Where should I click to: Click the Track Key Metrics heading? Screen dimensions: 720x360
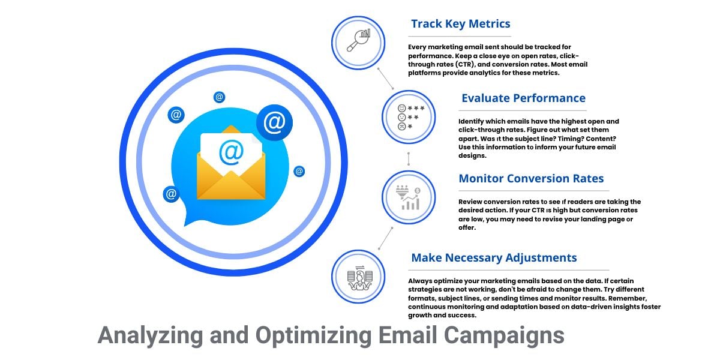tap(460, 24)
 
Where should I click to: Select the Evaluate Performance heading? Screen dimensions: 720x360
tap(523, 98)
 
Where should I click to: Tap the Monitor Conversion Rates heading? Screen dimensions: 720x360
tap(531, 178)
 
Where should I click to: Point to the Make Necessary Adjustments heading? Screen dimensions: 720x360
tap(494, 258)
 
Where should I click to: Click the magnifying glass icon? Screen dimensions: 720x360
tap(358, 40)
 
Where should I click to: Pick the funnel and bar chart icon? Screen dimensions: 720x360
tap(408, 197)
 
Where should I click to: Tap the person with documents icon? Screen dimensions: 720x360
tap(359, 278)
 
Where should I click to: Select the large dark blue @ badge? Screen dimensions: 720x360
tap(275, 122)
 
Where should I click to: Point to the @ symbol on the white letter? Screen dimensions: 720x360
tap(231, 152)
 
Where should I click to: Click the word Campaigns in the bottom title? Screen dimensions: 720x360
tap(503, 336)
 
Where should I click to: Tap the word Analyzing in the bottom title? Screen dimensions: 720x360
tap(150, 336)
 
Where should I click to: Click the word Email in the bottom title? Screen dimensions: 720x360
tap(407, 335)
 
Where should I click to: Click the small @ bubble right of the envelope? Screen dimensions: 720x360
tap(299, 172)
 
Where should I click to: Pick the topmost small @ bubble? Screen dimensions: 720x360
tap(219, 97)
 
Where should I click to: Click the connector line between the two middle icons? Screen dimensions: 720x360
tap(409, 159)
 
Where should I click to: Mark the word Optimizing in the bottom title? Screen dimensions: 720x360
tap(313, 336)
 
